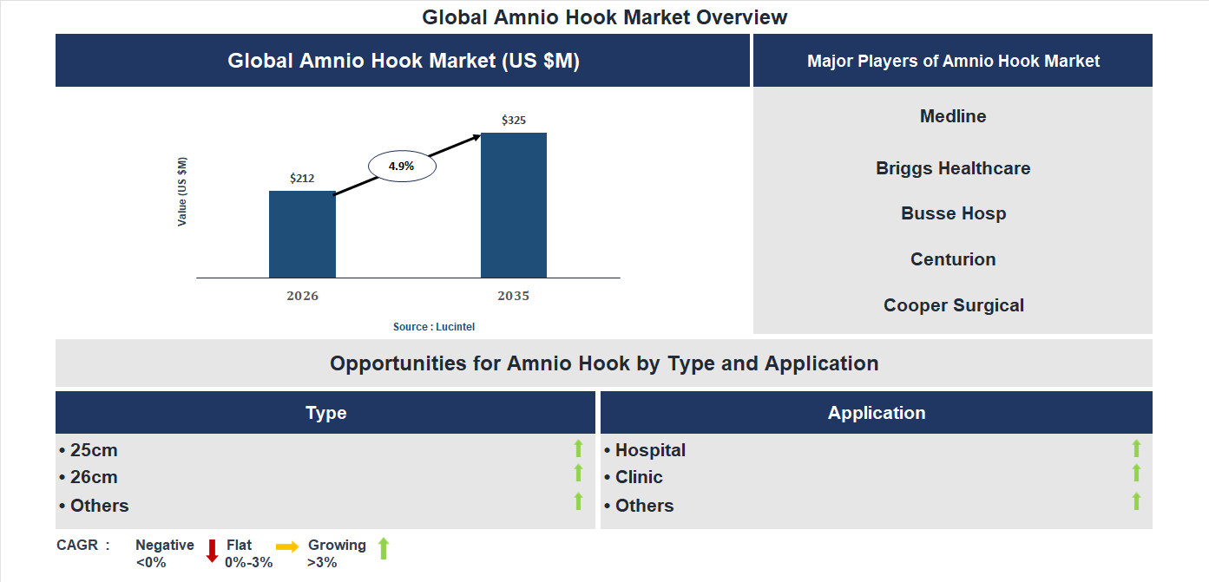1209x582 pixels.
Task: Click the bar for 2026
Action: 302,234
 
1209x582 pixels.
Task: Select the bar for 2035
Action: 514,206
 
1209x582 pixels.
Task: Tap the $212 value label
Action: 302,179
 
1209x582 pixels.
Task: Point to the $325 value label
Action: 514,121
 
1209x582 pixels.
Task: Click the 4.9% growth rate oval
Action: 402,166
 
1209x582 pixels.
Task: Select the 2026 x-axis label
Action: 302,296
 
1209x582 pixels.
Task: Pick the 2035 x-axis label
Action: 514,296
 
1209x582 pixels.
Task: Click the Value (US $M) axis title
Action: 182,192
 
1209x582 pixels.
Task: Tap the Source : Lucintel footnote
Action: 434,327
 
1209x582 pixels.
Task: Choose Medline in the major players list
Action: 953,116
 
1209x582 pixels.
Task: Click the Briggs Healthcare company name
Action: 953,168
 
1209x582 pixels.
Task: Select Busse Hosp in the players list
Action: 953,213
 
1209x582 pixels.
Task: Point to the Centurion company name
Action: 953,259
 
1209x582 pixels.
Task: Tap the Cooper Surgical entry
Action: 953,305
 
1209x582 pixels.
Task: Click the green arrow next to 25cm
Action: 578,448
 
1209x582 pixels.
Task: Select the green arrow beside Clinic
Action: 1136,474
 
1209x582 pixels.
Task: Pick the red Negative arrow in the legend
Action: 212,551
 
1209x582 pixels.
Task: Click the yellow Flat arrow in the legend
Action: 287,546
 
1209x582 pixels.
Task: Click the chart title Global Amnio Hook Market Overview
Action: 605,17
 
